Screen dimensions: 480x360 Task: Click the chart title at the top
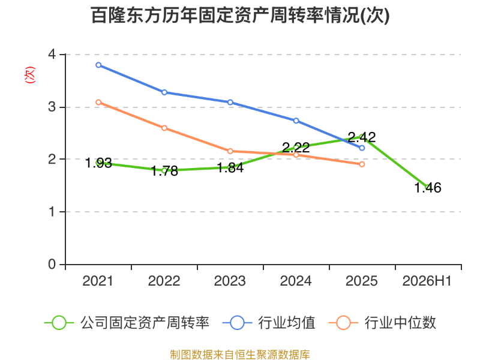click(241, 16)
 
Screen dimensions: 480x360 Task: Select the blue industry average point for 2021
click(98, 65)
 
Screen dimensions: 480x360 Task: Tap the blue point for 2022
click(164, 92)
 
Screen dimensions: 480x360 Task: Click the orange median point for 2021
click(98, 102)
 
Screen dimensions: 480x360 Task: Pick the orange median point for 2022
click(164, 128)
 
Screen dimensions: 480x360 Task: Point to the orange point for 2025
click(362, 164)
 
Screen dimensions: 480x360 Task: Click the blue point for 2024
click(296, 121)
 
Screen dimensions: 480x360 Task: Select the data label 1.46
click(428, 188)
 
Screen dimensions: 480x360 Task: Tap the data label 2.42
click(362, 137)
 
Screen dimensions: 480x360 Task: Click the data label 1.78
click(164, 171)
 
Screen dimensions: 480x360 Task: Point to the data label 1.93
click(98, 163)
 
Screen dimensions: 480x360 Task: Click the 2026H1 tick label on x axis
click(427, 281)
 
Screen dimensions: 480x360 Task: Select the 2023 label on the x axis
click(230, 281)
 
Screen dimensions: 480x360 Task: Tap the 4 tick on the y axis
click(52, 55)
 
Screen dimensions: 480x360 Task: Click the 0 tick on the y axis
click(52, 264)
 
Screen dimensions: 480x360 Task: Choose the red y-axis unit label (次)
click(29, 75)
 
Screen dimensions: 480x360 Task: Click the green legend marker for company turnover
click(59, 323)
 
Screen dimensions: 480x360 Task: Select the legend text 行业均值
click(287, 323)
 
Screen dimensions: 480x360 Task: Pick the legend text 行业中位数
click(400, 323)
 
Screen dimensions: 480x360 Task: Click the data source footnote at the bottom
click(240, 355)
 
